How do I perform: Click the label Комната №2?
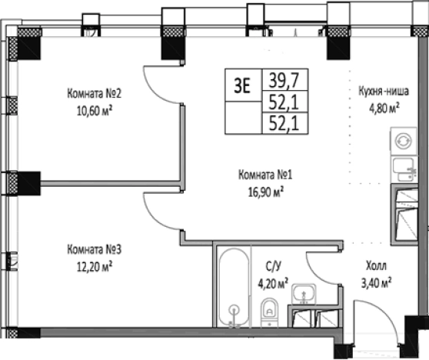[94, 94]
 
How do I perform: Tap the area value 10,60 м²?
[95, 111]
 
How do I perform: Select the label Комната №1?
[265, 175]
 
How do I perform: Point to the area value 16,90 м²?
[266, 192]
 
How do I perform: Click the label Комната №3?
[94, 249]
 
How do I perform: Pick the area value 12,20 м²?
[95, 267]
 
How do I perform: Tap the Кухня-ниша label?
[384, 91]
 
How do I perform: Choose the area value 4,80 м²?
[384, 108]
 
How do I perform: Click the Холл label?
[376, 265]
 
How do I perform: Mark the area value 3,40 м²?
[376, 282]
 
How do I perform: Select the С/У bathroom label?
[273, 266]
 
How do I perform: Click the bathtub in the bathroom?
[234, 288]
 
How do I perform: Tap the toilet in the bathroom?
[270, 312]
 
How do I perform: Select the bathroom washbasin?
[304, 294]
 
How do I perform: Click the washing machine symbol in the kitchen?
[404, 141]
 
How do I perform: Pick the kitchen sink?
[404, 170]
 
